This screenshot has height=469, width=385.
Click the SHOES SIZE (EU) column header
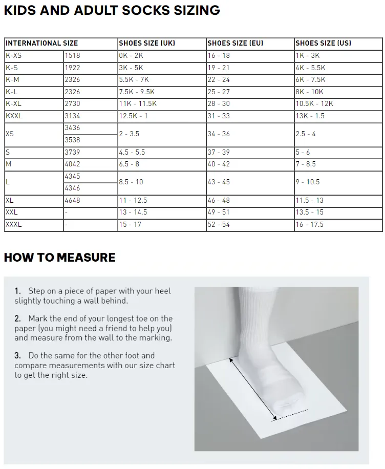(235, 44)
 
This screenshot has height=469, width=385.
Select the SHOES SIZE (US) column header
(323, 44)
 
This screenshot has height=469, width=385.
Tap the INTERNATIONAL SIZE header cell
(42, 44)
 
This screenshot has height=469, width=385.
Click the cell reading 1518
(73, 55)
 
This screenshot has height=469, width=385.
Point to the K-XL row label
(14, 103)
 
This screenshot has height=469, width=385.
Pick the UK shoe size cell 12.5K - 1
(133, 116)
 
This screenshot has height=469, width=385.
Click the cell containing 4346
(72, 188)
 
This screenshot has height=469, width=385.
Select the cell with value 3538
(72, 140)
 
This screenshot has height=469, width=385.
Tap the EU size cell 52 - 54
(219, 224)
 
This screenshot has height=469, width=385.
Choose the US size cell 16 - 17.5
(309, 224)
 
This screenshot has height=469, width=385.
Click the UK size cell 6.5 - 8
(129, 164)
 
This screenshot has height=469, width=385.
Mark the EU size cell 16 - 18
(219, 55)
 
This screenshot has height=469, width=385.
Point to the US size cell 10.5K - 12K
(314, 103)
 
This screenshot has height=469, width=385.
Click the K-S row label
(12, 68)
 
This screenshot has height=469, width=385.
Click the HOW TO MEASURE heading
(59, 257)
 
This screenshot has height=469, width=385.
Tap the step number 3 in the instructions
(17, 355)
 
